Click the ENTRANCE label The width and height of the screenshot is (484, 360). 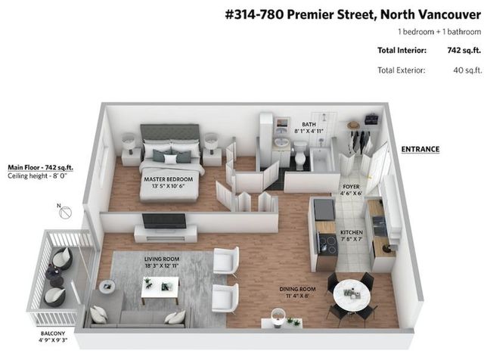pyautogui.click(x=420, y=150)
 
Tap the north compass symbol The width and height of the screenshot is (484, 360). pyautogui.click(x=65, y=212)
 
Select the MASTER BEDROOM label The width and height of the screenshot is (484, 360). pyautogui.click(x=168, y=179)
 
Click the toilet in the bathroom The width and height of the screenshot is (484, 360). pyautogui.click(x=300, y=155)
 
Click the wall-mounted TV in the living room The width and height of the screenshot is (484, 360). pyautogui.click(x=164, y=221)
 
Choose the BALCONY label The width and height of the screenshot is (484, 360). pyautogui.click(x=53, y=334)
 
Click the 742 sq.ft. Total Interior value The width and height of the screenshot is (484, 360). pyautogui.click(x=464, y=51)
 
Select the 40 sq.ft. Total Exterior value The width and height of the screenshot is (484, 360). pyautogui.click(x=467, y=70)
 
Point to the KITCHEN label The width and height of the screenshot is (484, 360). pyautogui.click(x=351, y=232)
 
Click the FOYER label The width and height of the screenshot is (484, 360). pyautogui.click(x=351, y=187)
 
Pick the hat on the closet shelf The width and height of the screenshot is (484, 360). pyautogui.click(x=354, y=125)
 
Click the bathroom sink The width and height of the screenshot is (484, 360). pyautogui.click(x=282, y=142)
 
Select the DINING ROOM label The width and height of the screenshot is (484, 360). pyautogui.click(x=297, y=290)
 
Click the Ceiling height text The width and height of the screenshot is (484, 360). pyautogui.click(x=37, y=176)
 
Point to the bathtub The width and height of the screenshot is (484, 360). pyautogui.click(x=321, y=160)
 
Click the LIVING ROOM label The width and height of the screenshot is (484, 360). pyautogui.click(x=162, y=259)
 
